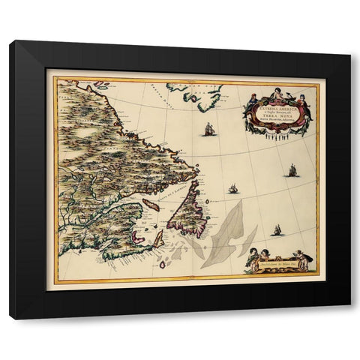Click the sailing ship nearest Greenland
pos(208,129)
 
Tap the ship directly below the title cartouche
pos(292,171)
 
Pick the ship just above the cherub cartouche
pos(277,230)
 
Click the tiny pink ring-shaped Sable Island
pos(162,264)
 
